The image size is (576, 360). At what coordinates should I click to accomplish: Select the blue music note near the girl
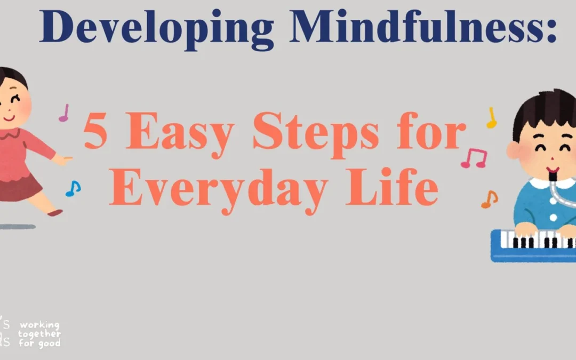(73, 188)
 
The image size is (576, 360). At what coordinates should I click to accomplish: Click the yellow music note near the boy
(491, 118)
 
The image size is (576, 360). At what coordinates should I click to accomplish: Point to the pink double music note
(474, 158)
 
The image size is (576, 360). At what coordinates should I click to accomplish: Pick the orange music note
(489, 199)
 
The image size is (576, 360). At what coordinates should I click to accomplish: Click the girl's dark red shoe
(54, 212)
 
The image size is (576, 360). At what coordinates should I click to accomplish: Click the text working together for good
(39, 334)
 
